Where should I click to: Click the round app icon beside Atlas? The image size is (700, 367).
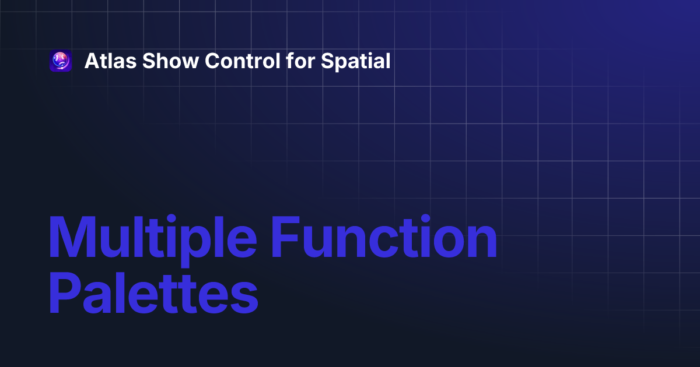click(x=61, y=61)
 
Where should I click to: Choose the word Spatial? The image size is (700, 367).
click(x=356, y=61)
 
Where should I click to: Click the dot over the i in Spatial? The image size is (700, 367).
click(x=371, y=53)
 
